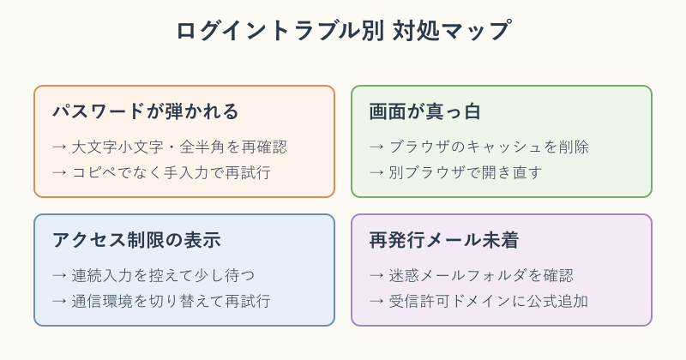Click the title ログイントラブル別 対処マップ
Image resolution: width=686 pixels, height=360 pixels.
[343, 30]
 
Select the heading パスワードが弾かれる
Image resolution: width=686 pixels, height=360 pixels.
[146, 111]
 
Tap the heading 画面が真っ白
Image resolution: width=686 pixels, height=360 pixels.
[424, 111]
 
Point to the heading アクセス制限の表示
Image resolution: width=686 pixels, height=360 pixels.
[136, 240]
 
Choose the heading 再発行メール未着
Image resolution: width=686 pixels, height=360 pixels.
[444, 240]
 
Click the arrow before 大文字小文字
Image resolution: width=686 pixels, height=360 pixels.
[59, 147]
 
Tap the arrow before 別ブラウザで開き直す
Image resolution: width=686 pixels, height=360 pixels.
[376, 173]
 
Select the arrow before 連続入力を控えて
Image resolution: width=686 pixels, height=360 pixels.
[59, 276]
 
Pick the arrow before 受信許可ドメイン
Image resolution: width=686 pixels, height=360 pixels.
[376, 302]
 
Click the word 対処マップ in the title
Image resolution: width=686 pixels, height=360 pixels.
[451, 30]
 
